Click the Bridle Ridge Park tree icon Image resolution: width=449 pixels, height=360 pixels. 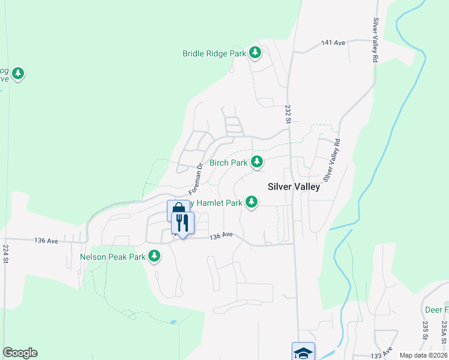256,53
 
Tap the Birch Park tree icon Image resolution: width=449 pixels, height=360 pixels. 257,161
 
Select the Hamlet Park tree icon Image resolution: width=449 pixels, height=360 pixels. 252,202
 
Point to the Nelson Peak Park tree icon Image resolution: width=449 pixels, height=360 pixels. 155,256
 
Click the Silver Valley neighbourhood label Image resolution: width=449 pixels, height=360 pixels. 294,187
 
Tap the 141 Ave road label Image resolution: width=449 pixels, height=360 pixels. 333,43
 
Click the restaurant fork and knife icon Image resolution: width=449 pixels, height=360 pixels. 182,223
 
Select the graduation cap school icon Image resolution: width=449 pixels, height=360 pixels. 303,352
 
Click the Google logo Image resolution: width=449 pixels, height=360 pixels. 20,353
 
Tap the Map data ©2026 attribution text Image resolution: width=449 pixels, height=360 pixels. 423,355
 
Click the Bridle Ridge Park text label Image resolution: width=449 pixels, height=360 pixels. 214,53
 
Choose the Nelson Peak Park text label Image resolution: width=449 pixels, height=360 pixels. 113,257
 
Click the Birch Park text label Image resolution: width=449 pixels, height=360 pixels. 228,163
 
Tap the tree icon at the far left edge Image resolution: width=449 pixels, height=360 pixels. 19,73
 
